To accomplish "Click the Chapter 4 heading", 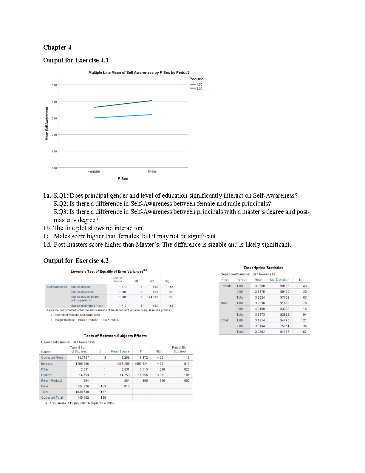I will [x=57, y=47].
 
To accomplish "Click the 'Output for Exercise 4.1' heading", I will [x=76, y=60].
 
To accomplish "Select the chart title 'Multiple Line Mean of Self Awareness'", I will [x=139, y=73].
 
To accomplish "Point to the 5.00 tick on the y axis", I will [x=54, y=85].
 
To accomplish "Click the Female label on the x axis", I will [x=94, y=171].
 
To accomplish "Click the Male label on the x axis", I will [x=152, y=171].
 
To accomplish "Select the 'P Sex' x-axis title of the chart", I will [x=123, y=179].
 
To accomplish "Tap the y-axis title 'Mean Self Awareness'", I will [x=47, y=124].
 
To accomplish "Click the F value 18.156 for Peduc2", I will [x=143, y=375].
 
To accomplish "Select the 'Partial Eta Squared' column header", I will [x=179, y=349].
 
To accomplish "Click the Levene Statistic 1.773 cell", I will [x=123, y=287].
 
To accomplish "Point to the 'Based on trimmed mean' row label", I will [x=87, y=306].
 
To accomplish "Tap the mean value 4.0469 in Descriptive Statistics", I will [x=260, y=309].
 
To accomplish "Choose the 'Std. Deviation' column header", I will [x=279, y=280].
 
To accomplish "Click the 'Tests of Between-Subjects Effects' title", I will [x=115, y=336].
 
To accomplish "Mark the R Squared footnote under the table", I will [x=81, y=403].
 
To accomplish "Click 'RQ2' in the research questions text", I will [x=61, y=204].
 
